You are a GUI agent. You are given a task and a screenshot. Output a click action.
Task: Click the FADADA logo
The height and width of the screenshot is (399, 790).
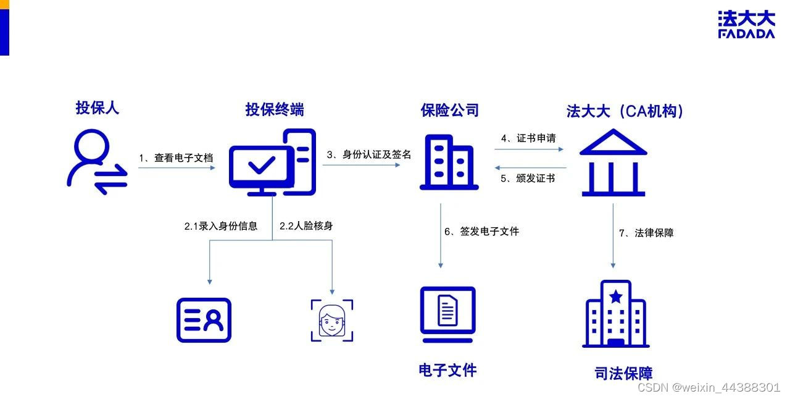click(746, 25)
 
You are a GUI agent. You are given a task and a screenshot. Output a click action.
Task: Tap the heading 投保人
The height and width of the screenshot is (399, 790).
click(98, 108)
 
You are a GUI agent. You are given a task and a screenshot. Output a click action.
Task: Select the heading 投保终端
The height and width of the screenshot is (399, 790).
click(275, 110)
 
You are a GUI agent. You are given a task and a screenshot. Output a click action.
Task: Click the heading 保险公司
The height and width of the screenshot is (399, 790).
click(450, 111)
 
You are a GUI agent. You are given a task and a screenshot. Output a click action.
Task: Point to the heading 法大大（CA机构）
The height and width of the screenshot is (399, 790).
click(626, 112)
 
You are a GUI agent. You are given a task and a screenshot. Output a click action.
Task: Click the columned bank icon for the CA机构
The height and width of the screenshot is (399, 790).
click(613, 162)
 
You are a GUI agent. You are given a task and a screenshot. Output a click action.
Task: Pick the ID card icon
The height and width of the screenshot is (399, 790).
click(204, 320)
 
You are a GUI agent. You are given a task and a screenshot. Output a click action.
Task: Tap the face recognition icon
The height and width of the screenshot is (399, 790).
click(332, 320)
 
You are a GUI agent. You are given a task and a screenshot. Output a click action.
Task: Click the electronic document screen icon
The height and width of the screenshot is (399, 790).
click(447, 314)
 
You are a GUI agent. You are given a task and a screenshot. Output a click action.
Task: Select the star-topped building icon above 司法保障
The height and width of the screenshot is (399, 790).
click(615, 314)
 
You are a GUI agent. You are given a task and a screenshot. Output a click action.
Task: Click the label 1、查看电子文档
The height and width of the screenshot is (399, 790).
click(176, 158)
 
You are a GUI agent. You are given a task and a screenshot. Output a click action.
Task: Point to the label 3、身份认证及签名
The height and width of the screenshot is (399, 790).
click(369, 154)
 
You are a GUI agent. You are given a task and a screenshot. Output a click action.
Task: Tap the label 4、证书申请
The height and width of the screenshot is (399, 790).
click(528, 138)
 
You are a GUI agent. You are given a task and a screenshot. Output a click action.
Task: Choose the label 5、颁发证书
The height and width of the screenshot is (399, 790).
click(528, 178)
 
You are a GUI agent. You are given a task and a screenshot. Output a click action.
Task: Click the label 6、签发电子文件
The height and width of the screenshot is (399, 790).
click(482, 232)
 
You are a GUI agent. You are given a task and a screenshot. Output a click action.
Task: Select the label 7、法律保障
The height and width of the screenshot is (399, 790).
click(646, 233)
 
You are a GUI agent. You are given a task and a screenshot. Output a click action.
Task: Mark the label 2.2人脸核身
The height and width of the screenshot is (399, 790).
click(306, 226)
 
